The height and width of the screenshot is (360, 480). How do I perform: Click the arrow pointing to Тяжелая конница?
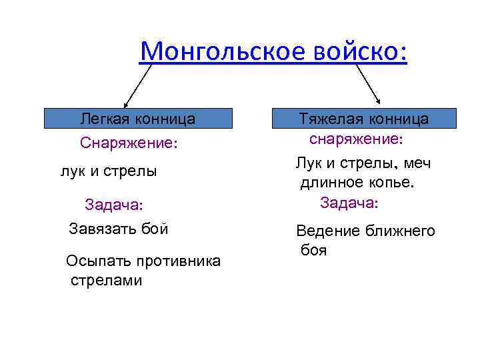(x=367, y=84)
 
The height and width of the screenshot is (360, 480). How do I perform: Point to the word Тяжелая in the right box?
(x=327, y=119)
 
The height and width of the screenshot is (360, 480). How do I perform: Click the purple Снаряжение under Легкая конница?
(x=129, y=143)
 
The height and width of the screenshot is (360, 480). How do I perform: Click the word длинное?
(x=331, y=183)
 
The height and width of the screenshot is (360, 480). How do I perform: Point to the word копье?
(x=391, y=183)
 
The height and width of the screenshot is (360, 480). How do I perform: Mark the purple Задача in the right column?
(x=349, y=202)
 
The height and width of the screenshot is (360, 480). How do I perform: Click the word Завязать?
(x=102, y=229)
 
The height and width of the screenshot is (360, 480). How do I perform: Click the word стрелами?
(x=107, y=280)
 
